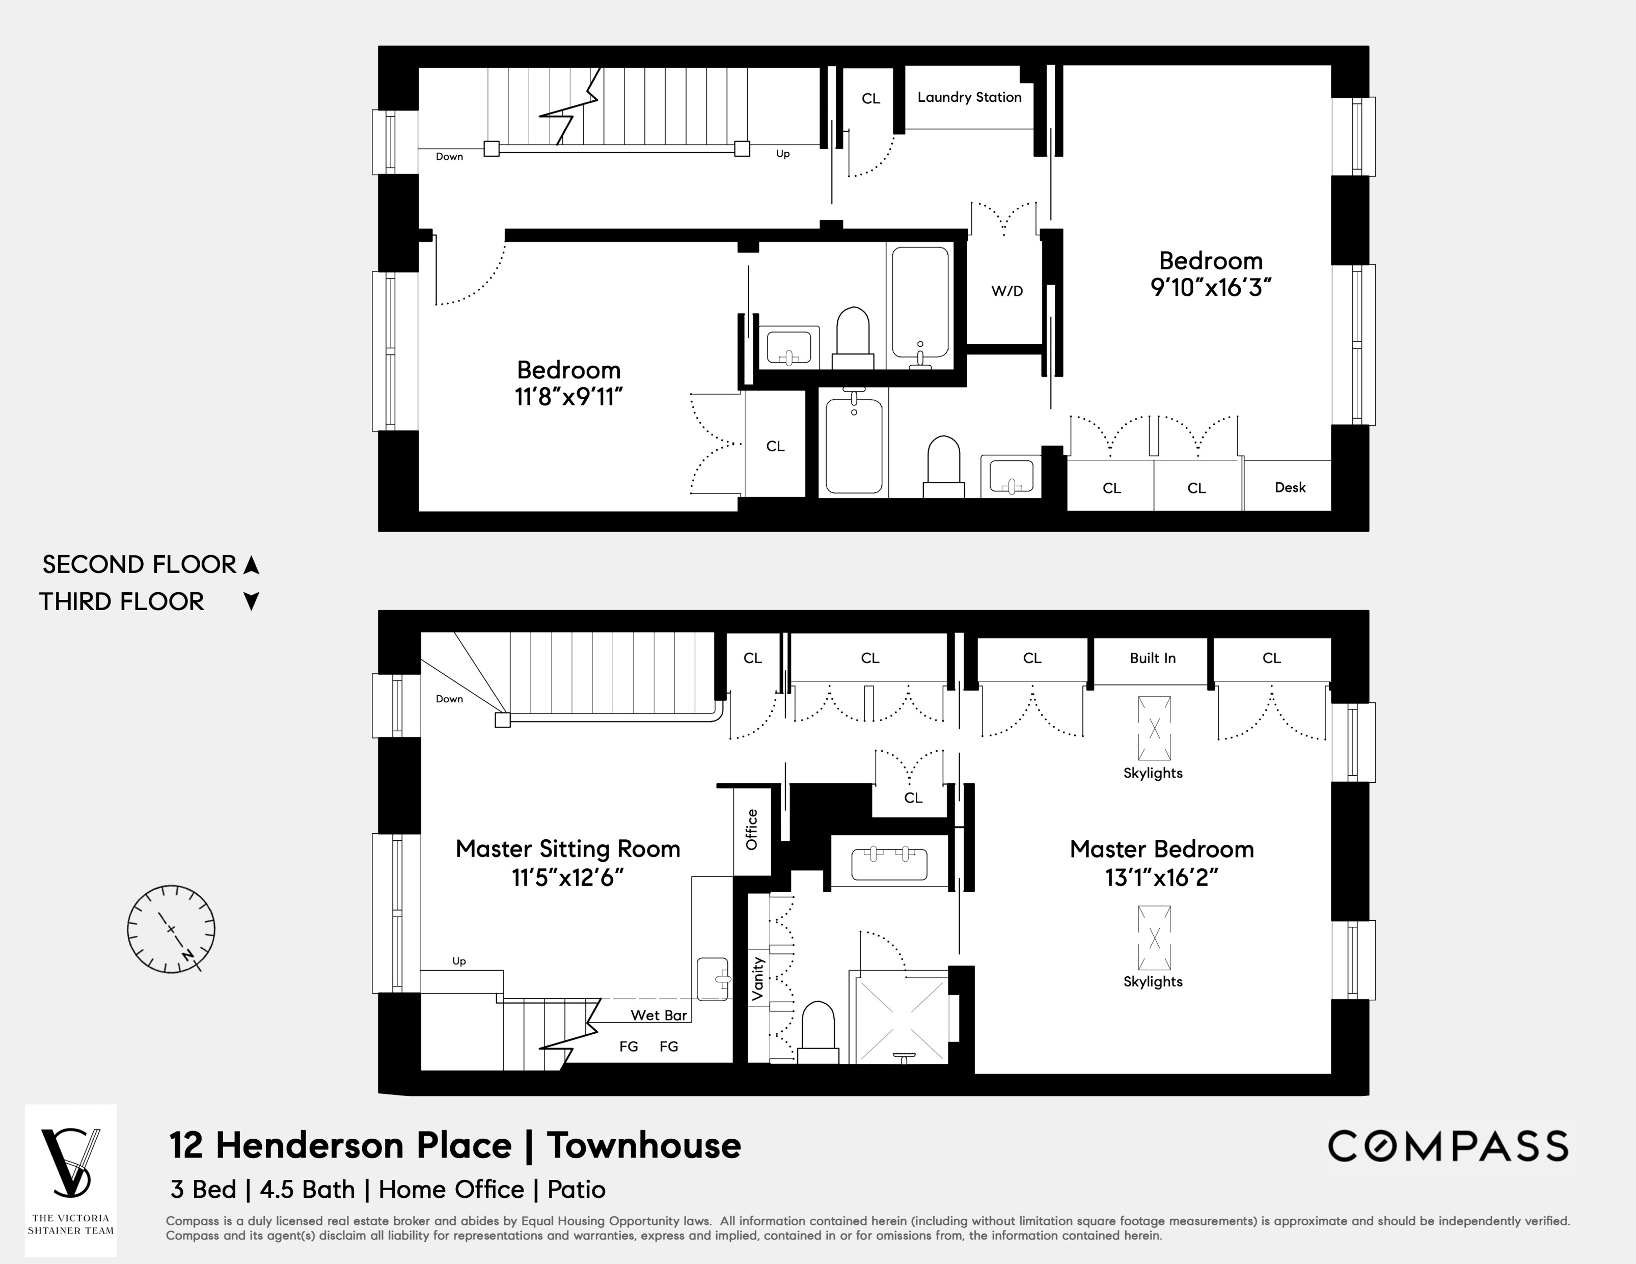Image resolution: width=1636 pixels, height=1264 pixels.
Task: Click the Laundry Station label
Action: coord(969,97)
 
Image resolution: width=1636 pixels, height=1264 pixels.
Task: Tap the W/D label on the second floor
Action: coord(1007,291)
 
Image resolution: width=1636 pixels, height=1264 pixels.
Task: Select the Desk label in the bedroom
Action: coord(1289,487)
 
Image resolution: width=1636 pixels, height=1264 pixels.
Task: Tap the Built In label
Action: coord(1152,658)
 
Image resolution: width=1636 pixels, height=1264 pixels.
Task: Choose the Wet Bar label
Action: coord(659,1015)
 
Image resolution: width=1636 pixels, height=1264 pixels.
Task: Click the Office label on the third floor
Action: coord(751,830)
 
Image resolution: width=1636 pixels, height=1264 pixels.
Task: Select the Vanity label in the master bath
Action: coord(757,979)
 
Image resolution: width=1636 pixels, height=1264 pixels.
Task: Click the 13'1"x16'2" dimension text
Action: coord(1161,877)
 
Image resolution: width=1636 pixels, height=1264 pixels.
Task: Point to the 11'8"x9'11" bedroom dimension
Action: coord(568,397)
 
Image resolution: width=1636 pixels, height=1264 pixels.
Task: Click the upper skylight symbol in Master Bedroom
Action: coord(1154,728)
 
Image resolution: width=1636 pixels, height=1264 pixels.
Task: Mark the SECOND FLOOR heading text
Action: coord(140,565)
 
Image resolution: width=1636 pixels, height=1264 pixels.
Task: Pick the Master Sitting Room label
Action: coord(568,849)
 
